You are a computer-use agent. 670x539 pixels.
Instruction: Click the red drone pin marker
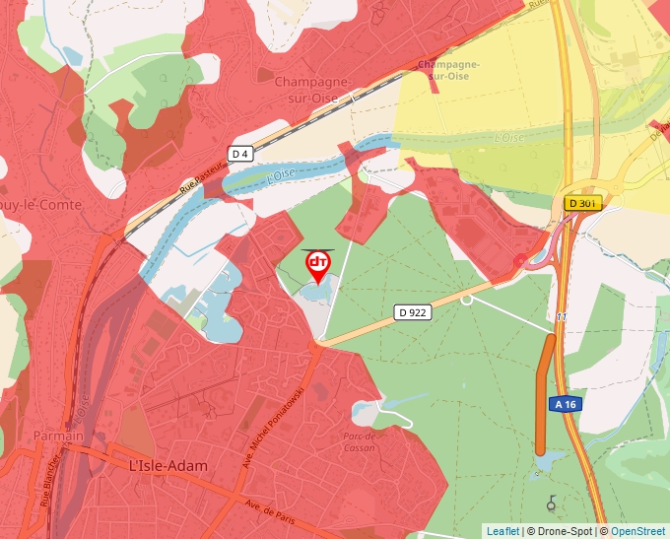click(x=318, y=264)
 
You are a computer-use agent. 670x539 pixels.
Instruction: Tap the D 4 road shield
click(x=240, y=154)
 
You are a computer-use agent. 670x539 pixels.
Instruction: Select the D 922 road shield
click(x=414, y=312)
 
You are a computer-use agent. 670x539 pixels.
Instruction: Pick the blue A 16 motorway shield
click(x=566, y=404)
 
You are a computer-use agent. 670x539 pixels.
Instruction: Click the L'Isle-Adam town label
click(x=173, y=463)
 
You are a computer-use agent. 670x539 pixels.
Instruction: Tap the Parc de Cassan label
click(x=360, y=440)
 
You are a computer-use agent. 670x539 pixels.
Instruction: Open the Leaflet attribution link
click(x=502, y=531)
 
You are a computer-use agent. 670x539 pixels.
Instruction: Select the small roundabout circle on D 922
click(x=467, y=300)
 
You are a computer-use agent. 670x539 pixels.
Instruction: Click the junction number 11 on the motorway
click(x=561, y=316)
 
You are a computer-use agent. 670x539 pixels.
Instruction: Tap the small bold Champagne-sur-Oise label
click(x=448, y=69)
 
